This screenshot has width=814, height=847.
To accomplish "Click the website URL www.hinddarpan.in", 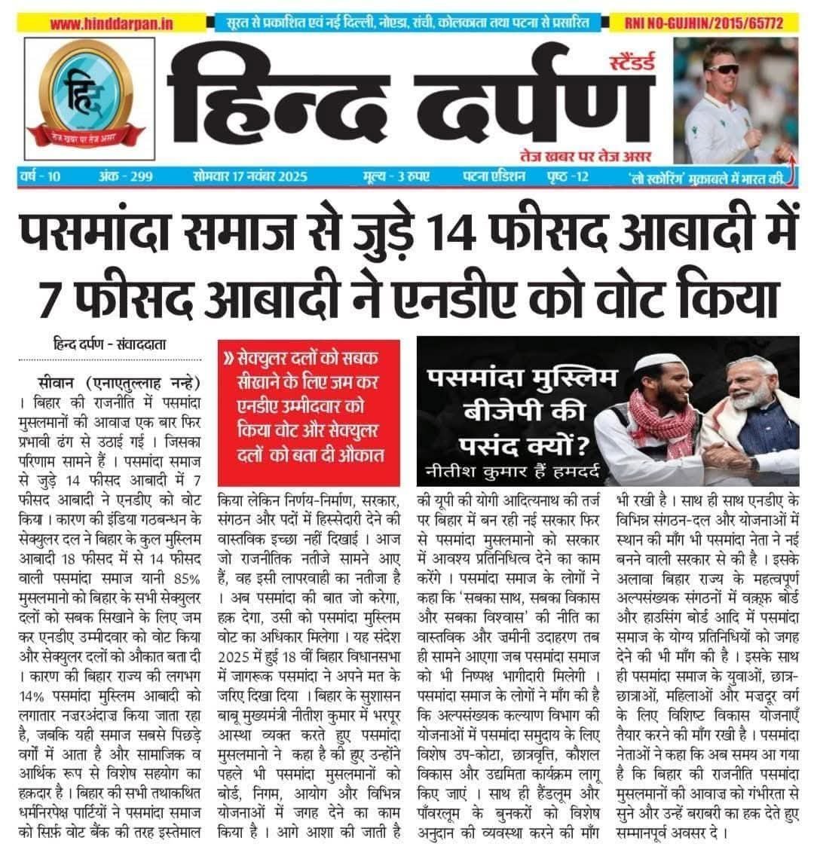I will [112, 23].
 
